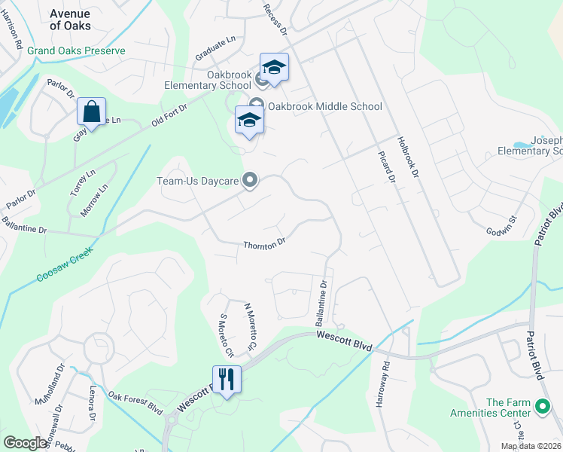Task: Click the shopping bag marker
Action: tap(91, 113)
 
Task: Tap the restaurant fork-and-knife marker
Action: tap(227, 378)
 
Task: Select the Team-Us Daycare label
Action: tap(197, 181)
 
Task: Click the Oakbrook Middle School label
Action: tap(324, 106)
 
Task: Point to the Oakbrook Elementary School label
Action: tap(208, 80)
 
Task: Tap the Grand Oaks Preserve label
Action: tap(76, 50)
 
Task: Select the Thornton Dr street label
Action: tap(264, 243)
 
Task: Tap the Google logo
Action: tap(26, 443)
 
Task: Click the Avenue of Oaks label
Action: tap(70, 20)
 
